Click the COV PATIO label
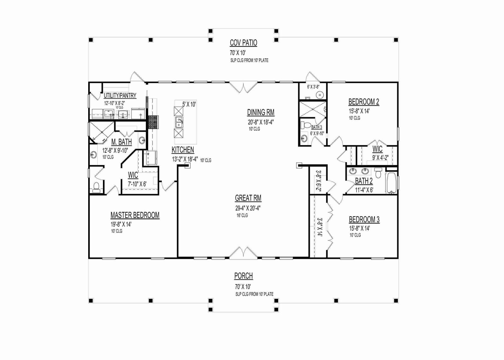(x=243, y=43)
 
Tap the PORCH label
(x=243, y=276)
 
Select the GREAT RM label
(x=248, y=198)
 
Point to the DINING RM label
(x=261, y=112)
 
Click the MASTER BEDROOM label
(x=135, y=215)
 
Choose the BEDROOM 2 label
(x=364, y=102)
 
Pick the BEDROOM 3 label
(x=364, y=220)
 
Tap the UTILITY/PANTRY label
(x=120, y=96)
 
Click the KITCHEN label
(x=183, y=150)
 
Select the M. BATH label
(x=122, y=142)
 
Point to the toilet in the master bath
(x=96, y=187)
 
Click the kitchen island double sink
(x=179, y=122)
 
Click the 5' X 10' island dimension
(x=189, y=104)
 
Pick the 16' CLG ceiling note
(x=242, y=215)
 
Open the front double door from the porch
(x=243, y=252)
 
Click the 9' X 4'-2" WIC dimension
(x=380, y=157)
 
